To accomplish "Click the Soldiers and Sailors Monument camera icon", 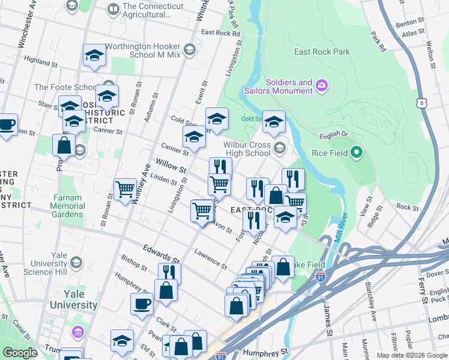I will click(322, 86).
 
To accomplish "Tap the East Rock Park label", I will click(322, 52).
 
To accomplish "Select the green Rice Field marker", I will click(357, 153).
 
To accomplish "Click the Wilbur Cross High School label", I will click(247, 149).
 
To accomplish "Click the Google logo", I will click(20, 353).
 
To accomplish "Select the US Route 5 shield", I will click(423, 103).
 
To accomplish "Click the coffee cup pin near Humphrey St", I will click(142, 303).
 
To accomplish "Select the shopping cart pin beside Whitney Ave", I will click(125, 190).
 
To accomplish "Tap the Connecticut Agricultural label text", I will click(152, 10).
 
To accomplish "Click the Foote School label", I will click(66, 87).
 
